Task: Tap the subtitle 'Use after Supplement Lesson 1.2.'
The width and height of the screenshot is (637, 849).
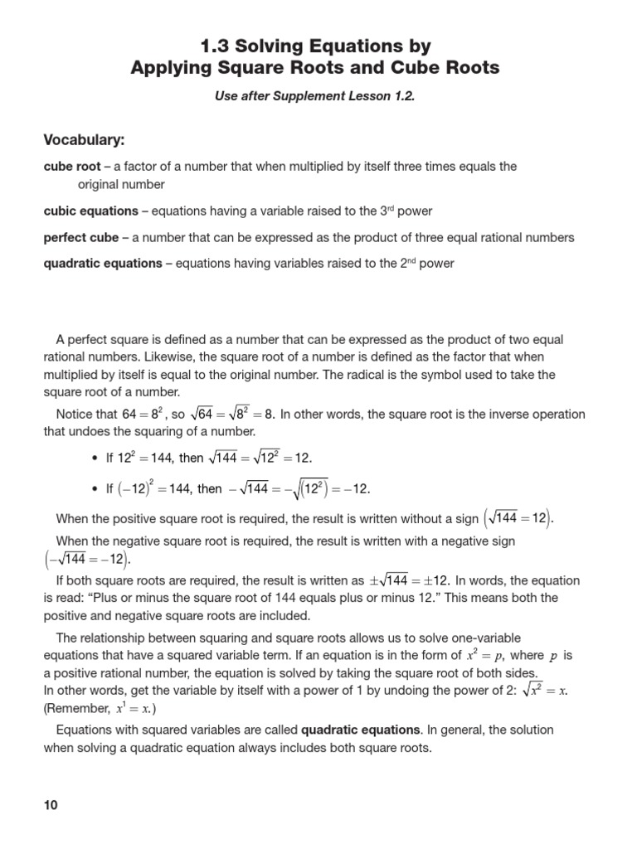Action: (x=314, y=96)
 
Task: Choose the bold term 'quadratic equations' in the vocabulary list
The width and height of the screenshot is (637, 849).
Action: (x=102, y=264)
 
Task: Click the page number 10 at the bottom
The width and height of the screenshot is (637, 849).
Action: (x=51, y=805)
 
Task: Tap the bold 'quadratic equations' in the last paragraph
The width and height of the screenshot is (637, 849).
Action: (x=361, y=730)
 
